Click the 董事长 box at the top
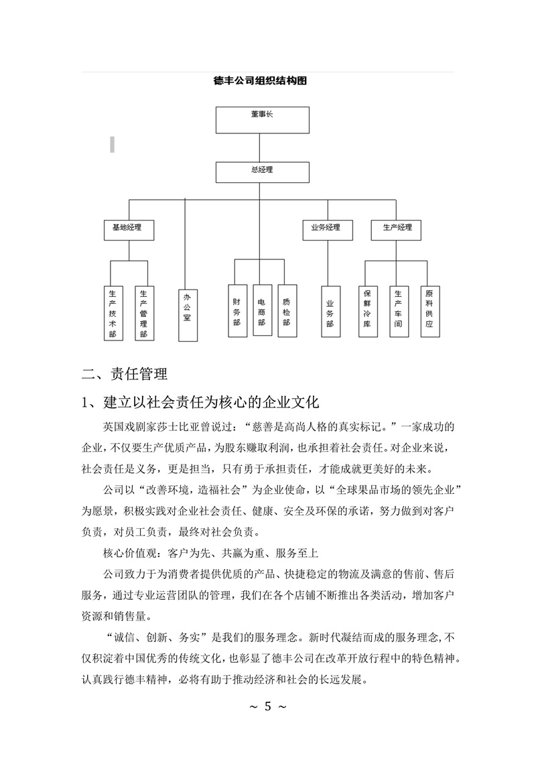262,119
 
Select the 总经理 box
262,172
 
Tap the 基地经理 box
128,229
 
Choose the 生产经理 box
397,229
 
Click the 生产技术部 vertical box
113,312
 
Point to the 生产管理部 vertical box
143,312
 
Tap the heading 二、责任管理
124,374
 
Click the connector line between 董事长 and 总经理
262,147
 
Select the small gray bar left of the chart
112,143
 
